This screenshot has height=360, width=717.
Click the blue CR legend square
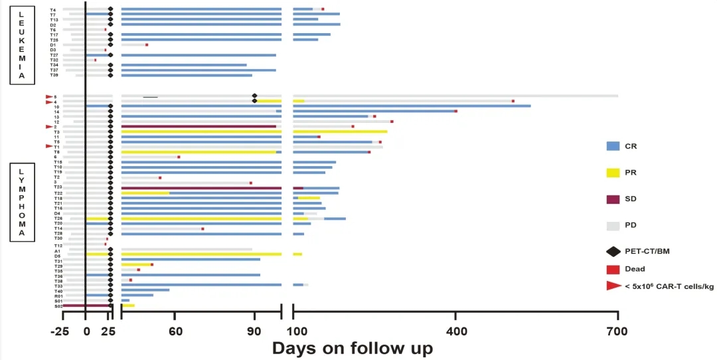pyautogui.click(x=613, y=145)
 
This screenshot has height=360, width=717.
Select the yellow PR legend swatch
pyautogui.click(x=613, y=172)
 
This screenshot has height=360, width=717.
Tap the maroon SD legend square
pyautogui.click(x=613, y=199)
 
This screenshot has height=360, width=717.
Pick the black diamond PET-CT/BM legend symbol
pyautogui.click(x=613, y=251)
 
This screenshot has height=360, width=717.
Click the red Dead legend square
pyautogui.click(x=613, y=269)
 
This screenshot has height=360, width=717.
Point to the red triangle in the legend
pyautogui.click(x=612, y=286)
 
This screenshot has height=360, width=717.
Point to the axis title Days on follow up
pyautogui.click(x=352, y=348)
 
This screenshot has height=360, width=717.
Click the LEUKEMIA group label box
pyautogui.click(x=22, y=44)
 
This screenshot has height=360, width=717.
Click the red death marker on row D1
pyautogui.click(x=147, y=45)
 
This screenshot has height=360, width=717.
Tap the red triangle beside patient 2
pyautogui.click(x=49, y=126)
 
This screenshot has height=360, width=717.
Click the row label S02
pyautogui.click(x=58, y=306)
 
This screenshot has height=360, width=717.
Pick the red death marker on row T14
pyautogui.click(x=202, y=228)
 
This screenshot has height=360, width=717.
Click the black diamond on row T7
pyautogui.click(x=110, y=14)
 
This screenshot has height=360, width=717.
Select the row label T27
pyautogui.click(x=54, y=55)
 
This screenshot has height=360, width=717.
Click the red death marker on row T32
pyautogui.click(x=95, y=60)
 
